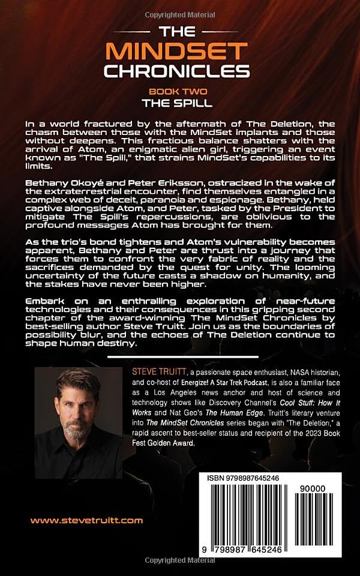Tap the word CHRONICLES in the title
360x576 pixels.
pyautogui.click(x=177, y=71)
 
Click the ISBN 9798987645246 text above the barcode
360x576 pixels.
pyautogui.click(x=244, y=477)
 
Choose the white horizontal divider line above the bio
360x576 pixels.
pyautogui.click(x=180, y=358)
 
